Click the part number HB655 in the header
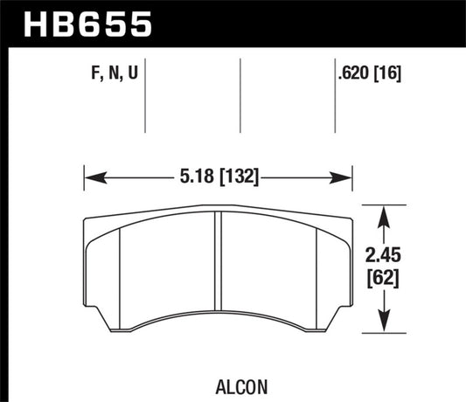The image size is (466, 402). point(87,24)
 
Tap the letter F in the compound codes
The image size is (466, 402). point(95,73)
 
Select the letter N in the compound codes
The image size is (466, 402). point(115,73)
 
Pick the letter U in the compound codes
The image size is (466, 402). point(133,73)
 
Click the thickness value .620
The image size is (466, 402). point(353,73)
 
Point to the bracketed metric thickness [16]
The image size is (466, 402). point(387,73)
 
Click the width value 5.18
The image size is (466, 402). point(197,176)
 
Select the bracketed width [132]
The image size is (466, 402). point(240,177)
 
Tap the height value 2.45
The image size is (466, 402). point(383,255)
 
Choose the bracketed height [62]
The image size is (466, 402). point(383,279)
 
